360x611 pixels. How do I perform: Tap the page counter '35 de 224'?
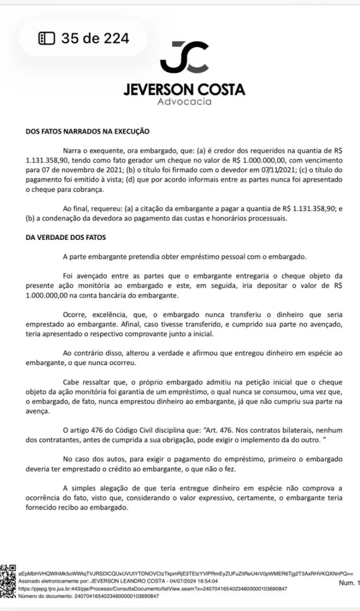[95, 37]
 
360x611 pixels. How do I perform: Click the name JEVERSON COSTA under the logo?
[184, 90]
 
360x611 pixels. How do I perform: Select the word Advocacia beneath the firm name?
[184, 101]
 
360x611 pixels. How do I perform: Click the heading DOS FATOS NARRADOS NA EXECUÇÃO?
[87, 131]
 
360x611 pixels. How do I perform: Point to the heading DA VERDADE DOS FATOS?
[65, 236]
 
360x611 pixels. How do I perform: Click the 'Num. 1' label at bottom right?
[348, 582]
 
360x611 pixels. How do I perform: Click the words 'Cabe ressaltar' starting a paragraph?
[84, 381]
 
